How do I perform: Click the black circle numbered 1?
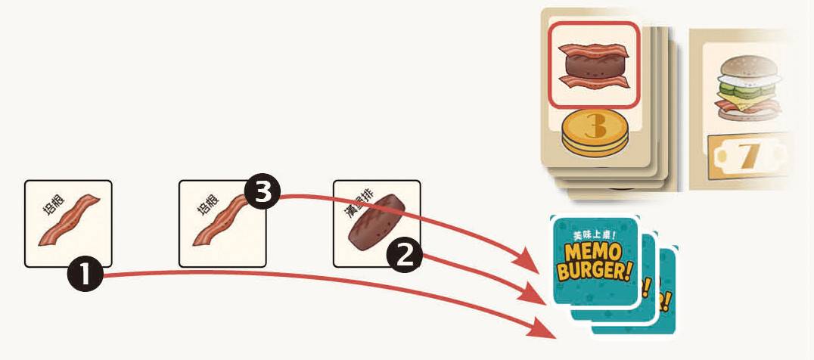click(85, 275)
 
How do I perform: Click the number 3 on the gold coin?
click(595, 126)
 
